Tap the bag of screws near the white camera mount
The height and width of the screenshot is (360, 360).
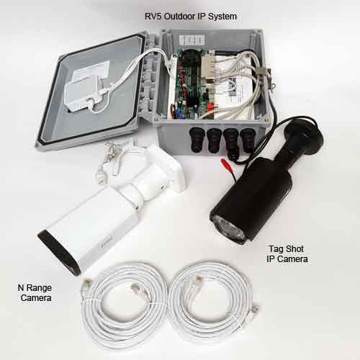point(108,162)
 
